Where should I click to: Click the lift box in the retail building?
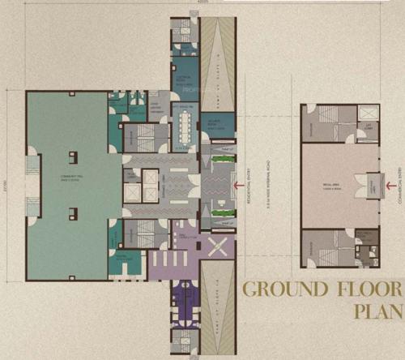(x=366, y=127)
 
